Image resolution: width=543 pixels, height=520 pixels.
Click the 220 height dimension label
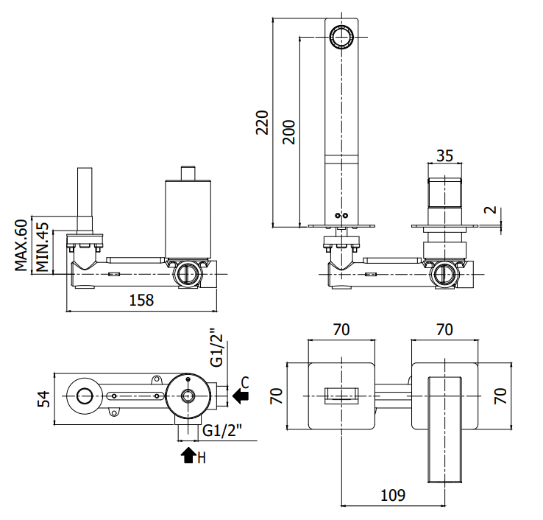click(x=262, y=122)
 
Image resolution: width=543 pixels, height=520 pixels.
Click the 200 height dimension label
click(x=288, y=132)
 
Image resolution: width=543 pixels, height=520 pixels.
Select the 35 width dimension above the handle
click(x=444, y=155)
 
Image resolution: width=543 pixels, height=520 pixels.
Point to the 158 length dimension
click(x=141, y=300)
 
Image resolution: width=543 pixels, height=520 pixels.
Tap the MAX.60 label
click(x=21, y=245)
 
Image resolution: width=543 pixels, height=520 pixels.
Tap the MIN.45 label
click(x=42, y=247)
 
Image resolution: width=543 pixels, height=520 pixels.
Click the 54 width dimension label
click(x=44, y=398)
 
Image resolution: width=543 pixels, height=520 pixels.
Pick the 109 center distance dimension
click(x=393, y=495)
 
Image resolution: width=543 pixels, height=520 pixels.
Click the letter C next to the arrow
click(x=245, y=383)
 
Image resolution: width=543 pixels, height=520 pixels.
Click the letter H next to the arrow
click(x=202, y=458)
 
